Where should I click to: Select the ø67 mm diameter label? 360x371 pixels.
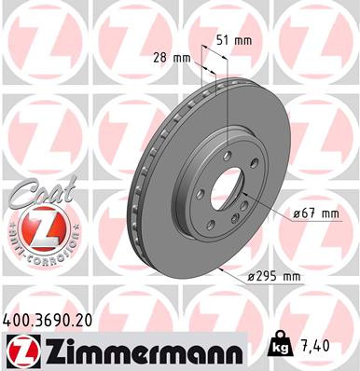[314, 213]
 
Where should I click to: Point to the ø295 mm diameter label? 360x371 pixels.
[271, 276]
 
